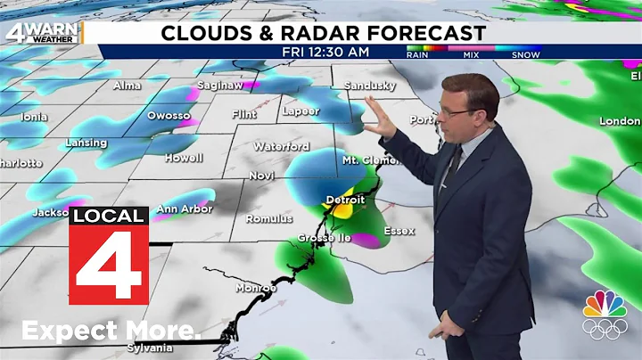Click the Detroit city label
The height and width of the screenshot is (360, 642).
(345, 199)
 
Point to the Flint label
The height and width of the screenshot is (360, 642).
(244, 114)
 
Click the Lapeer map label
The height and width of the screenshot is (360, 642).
(300, 111)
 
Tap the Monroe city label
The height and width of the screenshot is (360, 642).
(256, 288)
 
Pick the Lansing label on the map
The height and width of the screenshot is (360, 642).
(86, 143)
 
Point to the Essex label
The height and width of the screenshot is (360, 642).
(399, 231)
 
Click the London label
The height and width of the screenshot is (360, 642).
(620, 120)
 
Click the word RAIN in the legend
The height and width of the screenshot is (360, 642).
(417, 55)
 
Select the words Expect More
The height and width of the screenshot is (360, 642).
(111, 331)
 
